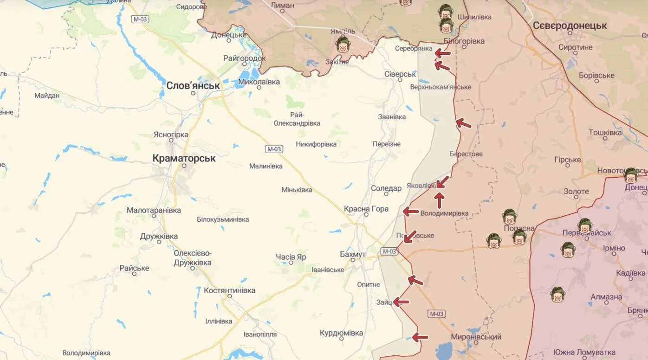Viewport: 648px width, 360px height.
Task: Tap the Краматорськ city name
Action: tap(184, 158)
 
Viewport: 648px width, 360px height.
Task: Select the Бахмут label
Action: tap(353, 255)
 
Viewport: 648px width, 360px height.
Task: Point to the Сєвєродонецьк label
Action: tap(570, 26)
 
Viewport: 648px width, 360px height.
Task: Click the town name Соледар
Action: tap(386, 188)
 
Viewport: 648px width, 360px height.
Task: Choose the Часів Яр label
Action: tap(291, 257)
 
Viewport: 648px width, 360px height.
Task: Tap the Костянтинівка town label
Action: tap(229, 290)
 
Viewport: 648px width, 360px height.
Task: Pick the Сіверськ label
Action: tap(400, 74)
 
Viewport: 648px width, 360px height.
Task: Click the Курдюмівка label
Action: tap(341, 333)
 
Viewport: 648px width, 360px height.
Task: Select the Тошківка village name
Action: tap(605, 133)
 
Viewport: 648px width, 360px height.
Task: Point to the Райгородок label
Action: tap(245, 58)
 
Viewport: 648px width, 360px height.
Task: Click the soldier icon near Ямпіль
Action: tap(343, 44)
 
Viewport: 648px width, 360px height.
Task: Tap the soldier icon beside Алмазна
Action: tap(557, 295)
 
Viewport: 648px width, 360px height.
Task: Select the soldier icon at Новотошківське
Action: tap(630, 175)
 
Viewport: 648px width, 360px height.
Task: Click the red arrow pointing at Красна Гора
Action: tap(411, 212)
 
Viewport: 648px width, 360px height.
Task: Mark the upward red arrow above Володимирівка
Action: tap(439, 200)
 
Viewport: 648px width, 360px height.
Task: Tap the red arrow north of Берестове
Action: tap(463, 123)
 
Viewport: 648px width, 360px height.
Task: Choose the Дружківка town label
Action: tap(159, 237)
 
